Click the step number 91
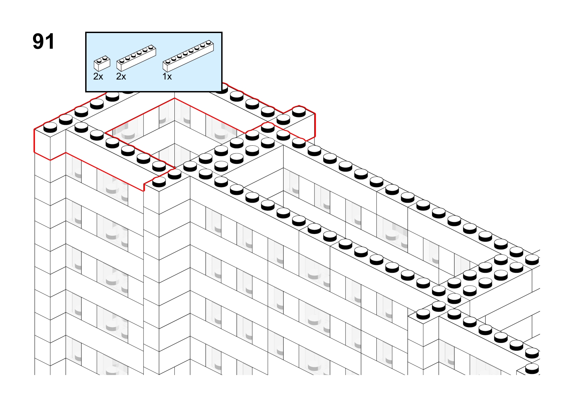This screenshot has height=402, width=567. pyautogui.click(x=43, y=41)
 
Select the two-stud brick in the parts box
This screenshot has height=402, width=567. pyautogui.click(x=102, y=63)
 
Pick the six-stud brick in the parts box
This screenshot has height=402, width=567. pyautogui.click(x=136, y=58)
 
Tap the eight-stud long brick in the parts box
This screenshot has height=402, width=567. pyautogui.click(x=188, y=56)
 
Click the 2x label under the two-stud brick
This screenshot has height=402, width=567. pyautogui.click(x=98, y=76)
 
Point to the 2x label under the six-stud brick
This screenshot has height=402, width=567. pyautogui.click(x=121, y=76)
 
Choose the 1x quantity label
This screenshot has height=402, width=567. pyautogui.click(x=167, y=76)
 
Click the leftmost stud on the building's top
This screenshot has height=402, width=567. pyautogui.click(x=50, y=127)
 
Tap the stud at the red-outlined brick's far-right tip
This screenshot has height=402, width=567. pyautogui.click(x=299, y=112)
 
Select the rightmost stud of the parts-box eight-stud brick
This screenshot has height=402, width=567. pyautogui.click(x=208, y=42)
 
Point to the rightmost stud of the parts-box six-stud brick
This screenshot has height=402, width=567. pyautogui.click(x=151, y=48)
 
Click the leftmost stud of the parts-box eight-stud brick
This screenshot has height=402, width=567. pyautogui.click(x=168, y=61)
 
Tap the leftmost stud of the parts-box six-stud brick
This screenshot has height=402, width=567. pyautogui.click(x=122, y=61)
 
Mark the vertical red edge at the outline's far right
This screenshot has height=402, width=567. pyautogui.click(x=315, y=125)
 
